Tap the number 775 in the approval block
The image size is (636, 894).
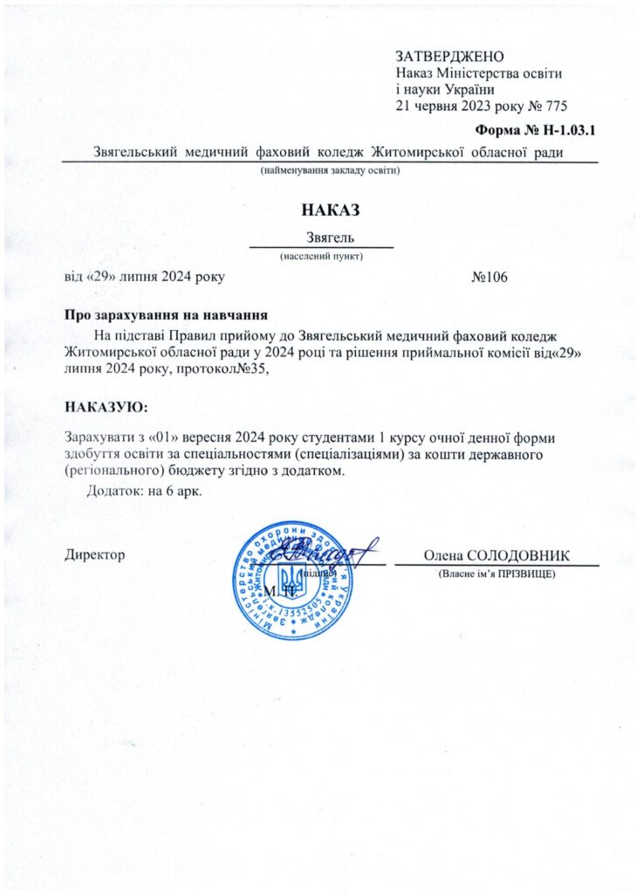(553, 107)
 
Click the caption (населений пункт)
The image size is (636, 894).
(320, 257)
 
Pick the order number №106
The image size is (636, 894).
(489, 277)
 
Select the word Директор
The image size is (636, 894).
(96, 554)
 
